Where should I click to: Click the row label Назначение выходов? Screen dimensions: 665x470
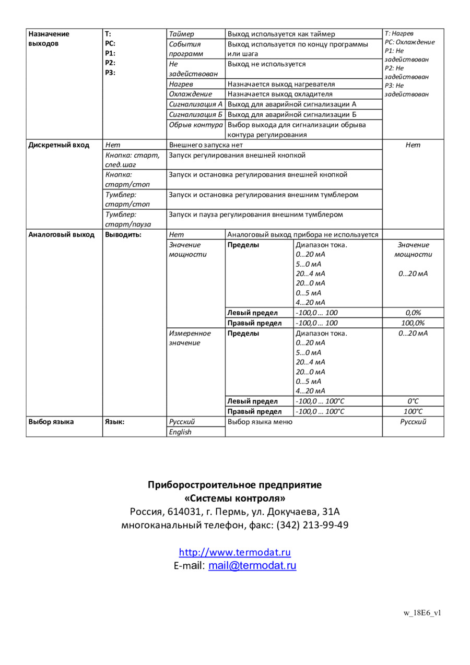tap(49, 39)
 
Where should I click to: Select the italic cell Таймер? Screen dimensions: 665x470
tap(181, 34)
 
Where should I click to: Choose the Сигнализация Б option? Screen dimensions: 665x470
tap(196, 114)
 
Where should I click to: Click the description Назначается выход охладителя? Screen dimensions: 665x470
tap(280, 94)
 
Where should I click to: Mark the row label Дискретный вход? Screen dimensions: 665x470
tap(58, 145)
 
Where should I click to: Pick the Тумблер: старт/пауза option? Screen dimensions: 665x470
tap(128, 219)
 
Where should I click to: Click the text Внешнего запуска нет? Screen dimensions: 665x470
tap(206, 145)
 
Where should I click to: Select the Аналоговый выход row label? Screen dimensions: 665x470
tap(61, 234)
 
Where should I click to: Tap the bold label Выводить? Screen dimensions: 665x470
tap(123, 234)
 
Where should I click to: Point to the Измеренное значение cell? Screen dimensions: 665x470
tap(190, 338)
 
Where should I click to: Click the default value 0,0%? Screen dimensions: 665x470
tap(413, 313)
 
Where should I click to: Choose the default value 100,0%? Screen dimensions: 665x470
tap(413, 323)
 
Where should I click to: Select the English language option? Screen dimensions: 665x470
tap(180, 432)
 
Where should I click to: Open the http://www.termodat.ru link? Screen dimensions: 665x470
tap(234, 552)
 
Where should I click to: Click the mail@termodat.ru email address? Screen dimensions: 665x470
tap(252, 565)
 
